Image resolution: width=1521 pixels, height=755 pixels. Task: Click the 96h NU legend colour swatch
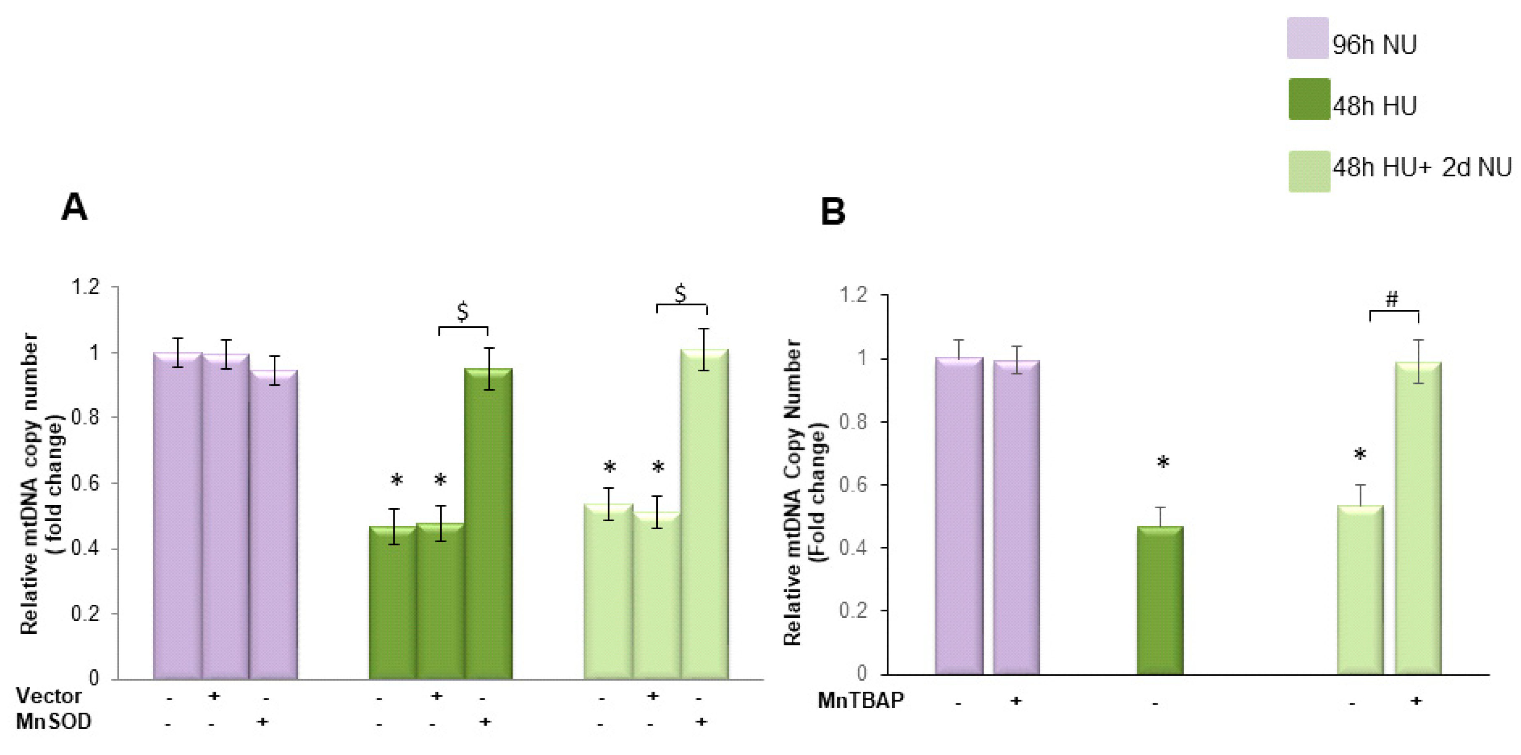click(1308, 38)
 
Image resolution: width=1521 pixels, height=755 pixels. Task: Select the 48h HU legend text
click(1374, 106)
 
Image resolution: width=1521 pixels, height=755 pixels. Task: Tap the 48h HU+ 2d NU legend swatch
click(1309, 171)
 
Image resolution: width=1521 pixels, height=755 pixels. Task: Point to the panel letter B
click(832, 212)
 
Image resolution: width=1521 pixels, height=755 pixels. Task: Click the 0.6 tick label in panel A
click(86, 483)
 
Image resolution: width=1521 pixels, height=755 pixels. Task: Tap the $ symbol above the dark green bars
click(463, 311)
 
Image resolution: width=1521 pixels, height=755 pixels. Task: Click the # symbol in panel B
click(1392, 299)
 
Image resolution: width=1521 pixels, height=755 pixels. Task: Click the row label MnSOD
click(53, 721)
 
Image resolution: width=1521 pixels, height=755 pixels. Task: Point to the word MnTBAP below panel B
click(860, 701)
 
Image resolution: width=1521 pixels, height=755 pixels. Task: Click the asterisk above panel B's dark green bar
click(1162, 463)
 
